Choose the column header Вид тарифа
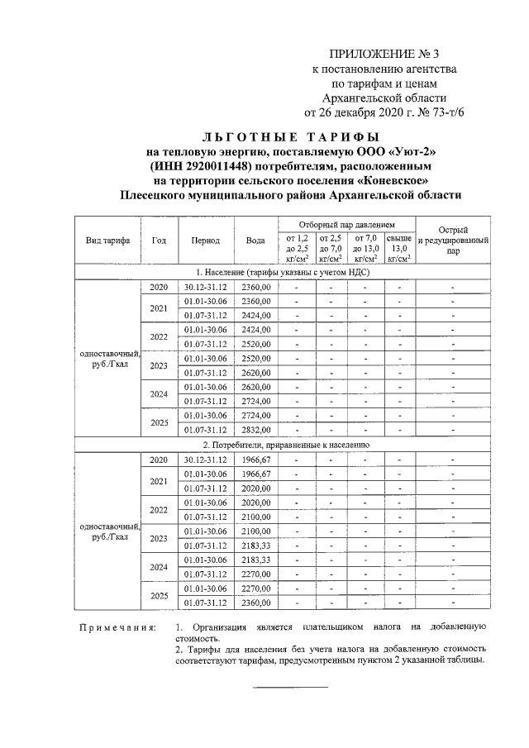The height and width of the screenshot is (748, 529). (108, 241)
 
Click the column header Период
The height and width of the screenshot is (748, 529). (205, 241)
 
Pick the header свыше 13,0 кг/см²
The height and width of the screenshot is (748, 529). (400, 247)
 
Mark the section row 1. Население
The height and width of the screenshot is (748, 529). (282, 272)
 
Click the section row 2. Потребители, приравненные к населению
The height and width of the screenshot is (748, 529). (282, 444)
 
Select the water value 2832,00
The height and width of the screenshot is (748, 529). (255, 429)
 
